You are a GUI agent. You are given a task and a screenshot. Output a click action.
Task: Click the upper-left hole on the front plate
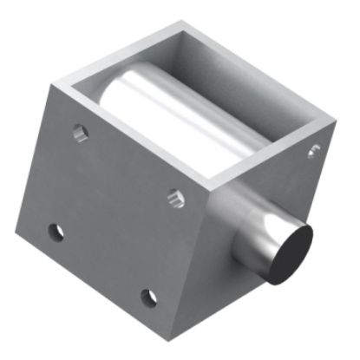click(x=80, y=134)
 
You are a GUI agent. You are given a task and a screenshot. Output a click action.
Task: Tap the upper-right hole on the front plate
click(x=176, y=199)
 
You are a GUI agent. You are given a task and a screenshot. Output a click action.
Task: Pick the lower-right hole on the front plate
click(x=149, y=298)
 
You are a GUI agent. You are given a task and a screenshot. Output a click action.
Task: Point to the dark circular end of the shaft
click(x=288, y=252)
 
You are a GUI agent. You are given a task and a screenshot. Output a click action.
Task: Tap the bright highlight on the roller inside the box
click(x=173, y=104)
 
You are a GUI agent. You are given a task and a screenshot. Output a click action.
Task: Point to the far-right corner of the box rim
click(x=333, y=115)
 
